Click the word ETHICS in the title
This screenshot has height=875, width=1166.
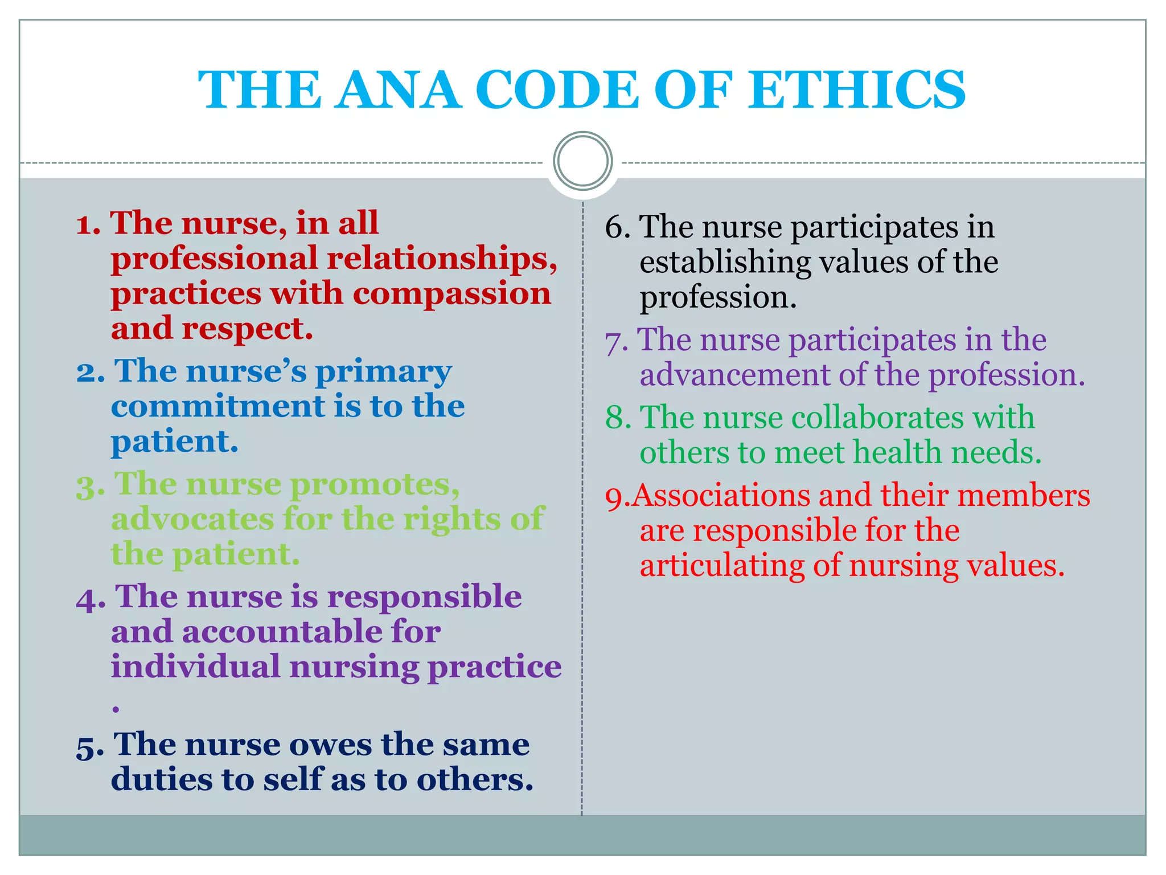pyautogui.click(x=857, y=90)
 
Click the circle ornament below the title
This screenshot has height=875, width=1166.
pyautogui.click(x=582, y=161)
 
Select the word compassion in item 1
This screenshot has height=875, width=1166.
pyautogui.click(x=451, y=294)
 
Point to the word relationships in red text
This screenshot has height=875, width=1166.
pyautogui.click(x=441, y=259)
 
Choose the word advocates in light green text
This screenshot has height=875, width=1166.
pyautogui.click(x=192, y=520)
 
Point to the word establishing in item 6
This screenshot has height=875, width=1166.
pyautogui.click(x=725, y=263)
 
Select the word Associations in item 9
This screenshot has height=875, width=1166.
pyautogui.click(x=721, y=496)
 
